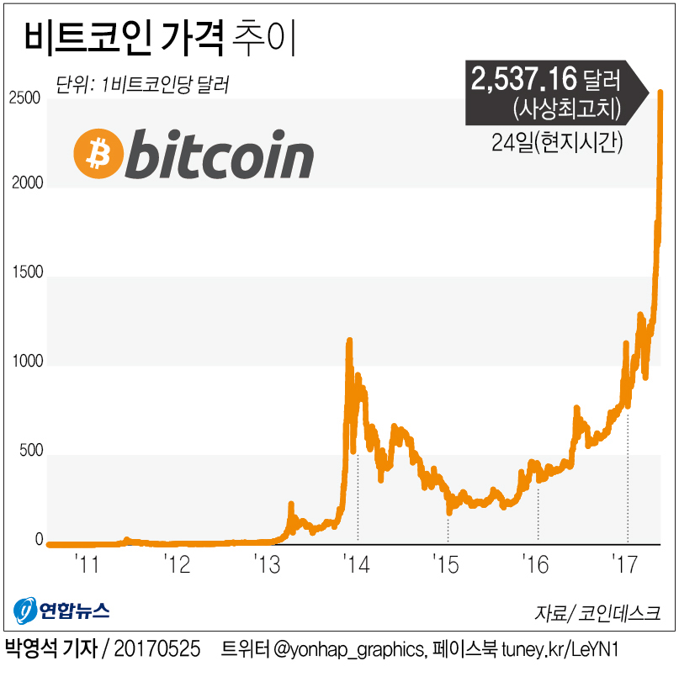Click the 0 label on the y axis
click(x=38, y=541)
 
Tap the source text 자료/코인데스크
click(x=596, y=612)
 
